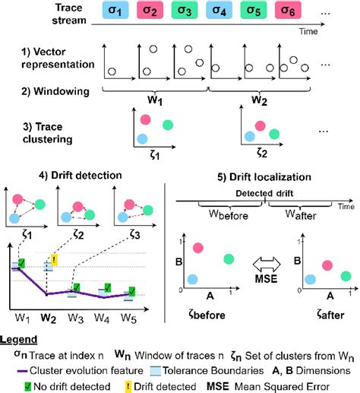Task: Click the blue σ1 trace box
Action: pos(118,14)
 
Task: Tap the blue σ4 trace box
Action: pos(227,14)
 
